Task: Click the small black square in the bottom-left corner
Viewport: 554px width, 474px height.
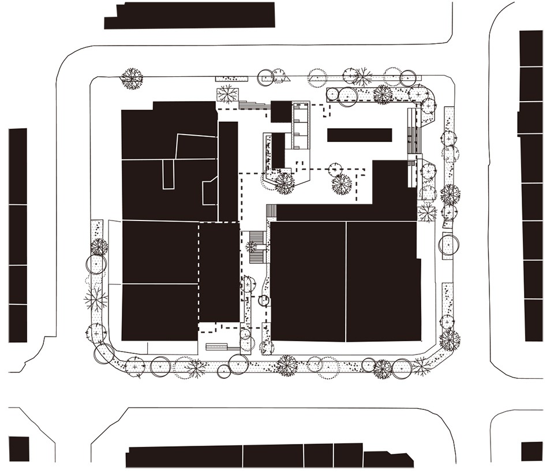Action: click(x=19, y=449)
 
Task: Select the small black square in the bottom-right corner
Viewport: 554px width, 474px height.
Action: click(x=531, y=451)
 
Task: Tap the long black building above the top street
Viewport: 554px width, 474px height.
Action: click(x=190, y=15)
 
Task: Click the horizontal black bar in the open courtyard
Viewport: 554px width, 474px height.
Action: click(x=360, y=135)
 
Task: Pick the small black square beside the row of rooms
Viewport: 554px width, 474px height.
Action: click(x=281, y=111)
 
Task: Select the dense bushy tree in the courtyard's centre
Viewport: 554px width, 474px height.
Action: click(x=341, y=185)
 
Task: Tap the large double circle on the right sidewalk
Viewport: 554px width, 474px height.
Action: click(x=448, y=245)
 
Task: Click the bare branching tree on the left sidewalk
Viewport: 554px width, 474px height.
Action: click(x=96, y=300)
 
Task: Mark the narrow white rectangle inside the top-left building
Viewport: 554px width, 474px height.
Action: click(x=168, y=174)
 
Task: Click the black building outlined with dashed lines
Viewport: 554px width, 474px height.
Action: click(x=219, y=272)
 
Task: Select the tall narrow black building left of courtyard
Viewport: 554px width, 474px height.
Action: click(x=228, y=171)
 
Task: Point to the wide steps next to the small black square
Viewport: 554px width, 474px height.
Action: click(x=254, y=106)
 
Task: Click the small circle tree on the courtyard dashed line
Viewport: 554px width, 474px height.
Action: click(x=333, y=169)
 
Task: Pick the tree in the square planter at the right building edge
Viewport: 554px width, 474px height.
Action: click(x=427, y=212)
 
